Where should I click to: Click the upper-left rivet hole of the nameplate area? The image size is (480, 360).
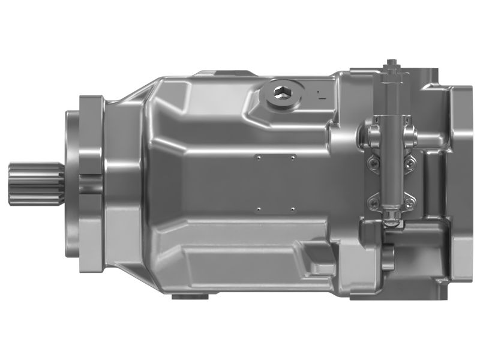point(257,158)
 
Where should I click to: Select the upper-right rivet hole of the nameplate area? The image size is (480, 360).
point(292,158)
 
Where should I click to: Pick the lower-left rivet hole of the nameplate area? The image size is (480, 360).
point(257,209)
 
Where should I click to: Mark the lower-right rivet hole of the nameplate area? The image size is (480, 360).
point(292,209)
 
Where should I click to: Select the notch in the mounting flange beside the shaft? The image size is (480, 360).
point(90,183)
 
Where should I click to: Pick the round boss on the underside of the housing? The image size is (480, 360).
point(191,295)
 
